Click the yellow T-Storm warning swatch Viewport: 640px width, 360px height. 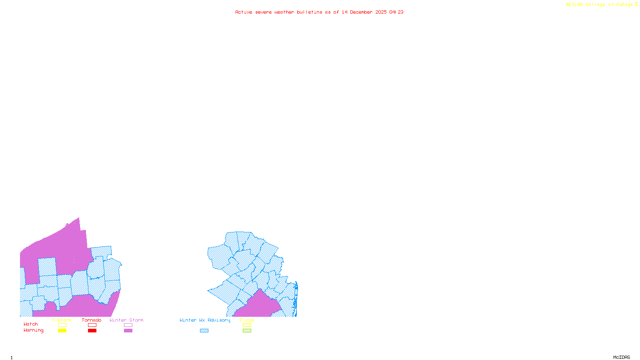62,331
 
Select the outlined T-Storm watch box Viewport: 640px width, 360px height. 62,325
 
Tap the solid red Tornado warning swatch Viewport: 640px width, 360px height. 92,331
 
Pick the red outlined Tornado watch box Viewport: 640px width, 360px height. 92,325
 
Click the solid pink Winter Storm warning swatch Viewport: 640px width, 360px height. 128,331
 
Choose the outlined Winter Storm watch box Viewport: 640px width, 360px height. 128,325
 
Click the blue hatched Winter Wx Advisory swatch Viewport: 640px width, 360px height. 204,331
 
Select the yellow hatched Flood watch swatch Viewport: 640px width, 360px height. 247,325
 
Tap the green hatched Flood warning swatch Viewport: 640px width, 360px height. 247,331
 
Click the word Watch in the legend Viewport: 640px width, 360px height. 31,324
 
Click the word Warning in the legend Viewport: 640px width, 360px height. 34,330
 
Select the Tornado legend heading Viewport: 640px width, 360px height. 92,320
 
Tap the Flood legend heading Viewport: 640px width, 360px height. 247,320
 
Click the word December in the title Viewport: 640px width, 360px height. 361,12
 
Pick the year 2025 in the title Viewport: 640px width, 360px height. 381,12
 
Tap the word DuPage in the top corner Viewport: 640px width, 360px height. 625,5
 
